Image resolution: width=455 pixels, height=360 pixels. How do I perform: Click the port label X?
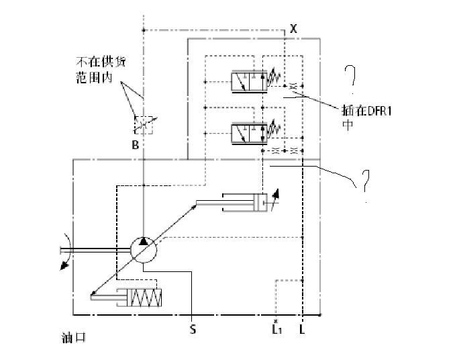tap(293, 28)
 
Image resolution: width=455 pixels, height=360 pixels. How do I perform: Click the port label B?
tap(136, 144)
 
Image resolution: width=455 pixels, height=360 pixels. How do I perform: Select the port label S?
tap(193, 329)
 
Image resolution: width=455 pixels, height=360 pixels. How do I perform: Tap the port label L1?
tap(276, 328)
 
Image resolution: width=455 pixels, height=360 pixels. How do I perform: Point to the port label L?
tap(303, 329)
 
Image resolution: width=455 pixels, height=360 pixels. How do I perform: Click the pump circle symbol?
tap(142, 250)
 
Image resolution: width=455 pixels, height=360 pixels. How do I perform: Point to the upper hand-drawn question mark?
tap(350, 80)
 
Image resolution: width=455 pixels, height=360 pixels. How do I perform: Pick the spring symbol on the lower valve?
tap(273, 128)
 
